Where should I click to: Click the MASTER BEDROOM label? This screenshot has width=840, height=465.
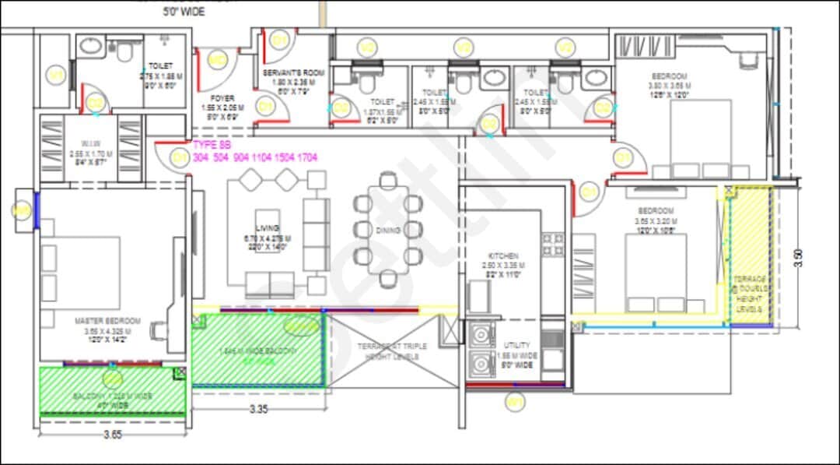[107, 321]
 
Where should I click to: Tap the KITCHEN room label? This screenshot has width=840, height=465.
[503, 255]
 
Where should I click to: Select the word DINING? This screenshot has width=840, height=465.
[387, 231]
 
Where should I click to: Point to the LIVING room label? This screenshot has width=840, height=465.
[267, 228]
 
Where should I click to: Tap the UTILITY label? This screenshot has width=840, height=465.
[516, 345]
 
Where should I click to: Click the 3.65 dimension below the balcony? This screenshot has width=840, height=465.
[113, 435]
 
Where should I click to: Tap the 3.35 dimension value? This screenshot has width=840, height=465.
[259, 407]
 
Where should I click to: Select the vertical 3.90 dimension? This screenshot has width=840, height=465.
[797, 257]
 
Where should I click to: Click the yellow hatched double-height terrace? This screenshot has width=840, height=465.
[751, 257]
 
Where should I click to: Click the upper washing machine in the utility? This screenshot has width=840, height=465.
[483, 335]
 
